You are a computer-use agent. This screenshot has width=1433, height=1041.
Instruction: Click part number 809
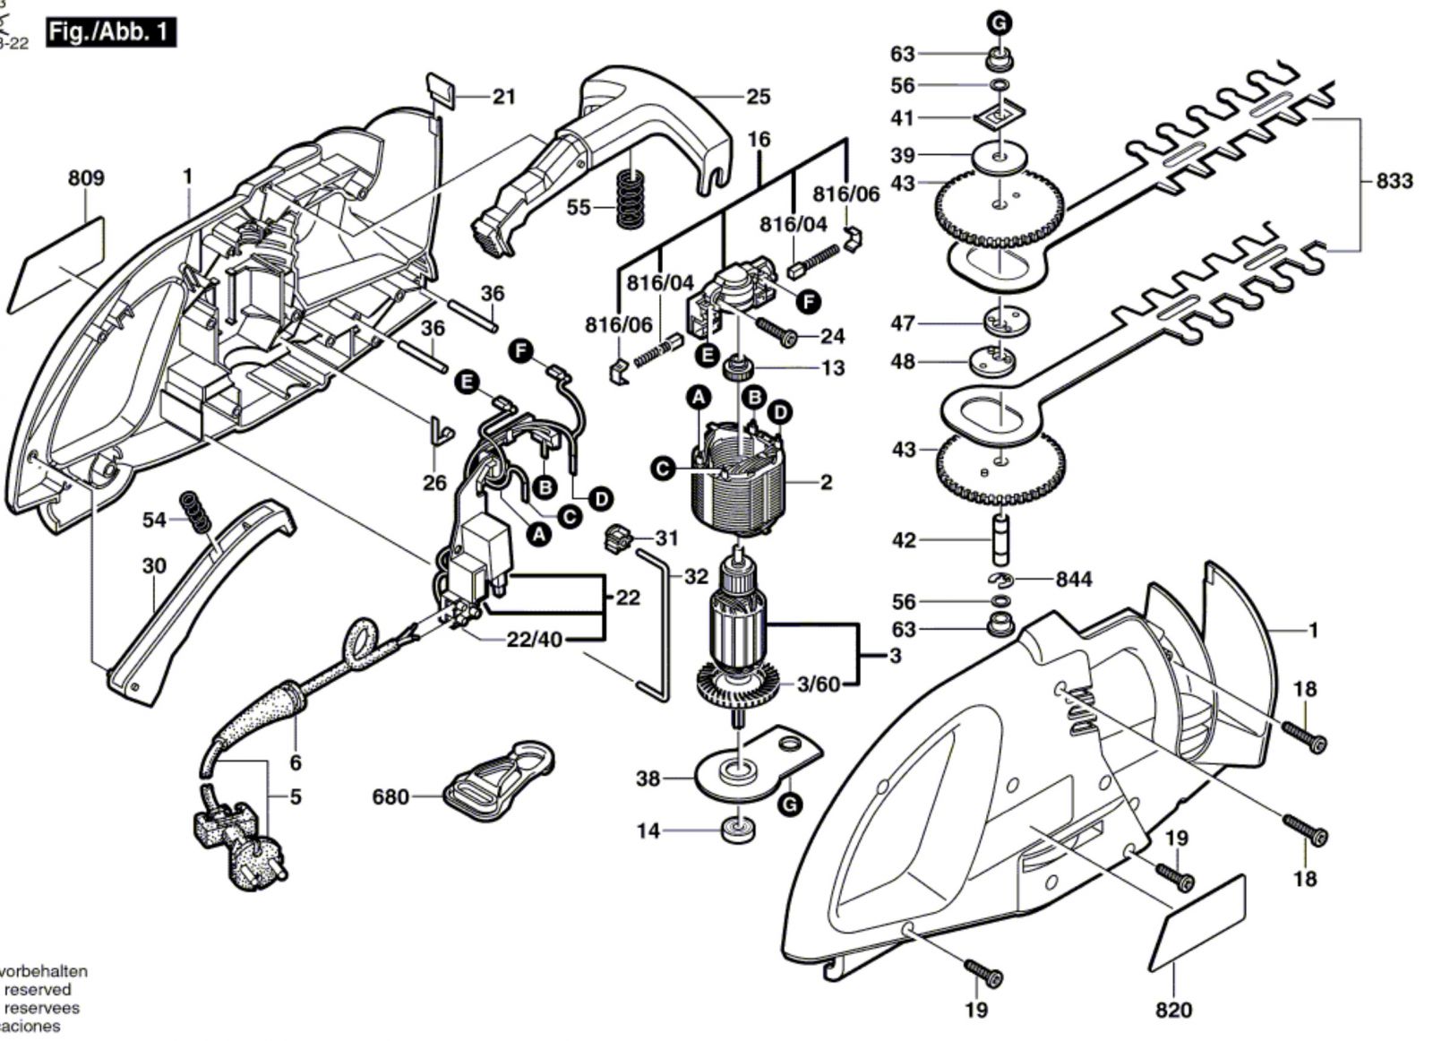coord(86,178)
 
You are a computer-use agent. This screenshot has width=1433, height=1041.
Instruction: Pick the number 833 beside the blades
coord(1394,181)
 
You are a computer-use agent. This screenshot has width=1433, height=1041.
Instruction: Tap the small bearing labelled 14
coord(737,830)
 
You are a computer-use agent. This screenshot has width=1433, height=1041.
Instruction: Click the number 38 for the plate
coord(648,778)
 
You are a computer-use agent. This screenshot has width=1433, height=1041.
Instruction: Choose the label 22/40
coord(536,640)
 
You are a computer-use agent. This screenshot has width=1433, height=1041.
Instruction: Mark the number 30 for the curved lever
coord(154,566)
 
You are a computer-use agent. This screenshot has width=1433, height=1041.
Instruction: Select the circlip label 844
coord(1074,580)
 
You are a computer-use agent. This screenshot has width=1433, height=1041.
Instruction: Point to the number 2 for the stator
coord(826,483)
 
